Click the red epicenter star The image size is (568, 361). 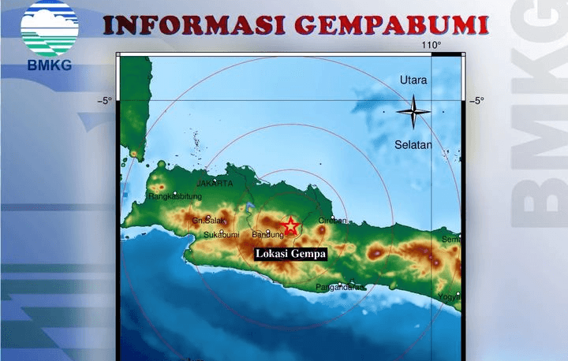290,226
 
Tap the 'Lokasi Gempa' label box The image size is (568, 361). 290,254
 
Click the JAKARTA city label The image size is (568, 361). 215,184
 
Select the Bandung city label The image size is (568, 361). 267,235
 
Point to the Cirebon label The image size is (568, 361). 332,221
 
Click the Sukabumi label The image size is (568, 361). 221,235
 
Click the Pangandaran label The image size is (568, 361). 340,287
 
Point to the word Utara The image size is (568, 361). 413,80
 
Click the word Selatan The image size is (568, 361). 413,145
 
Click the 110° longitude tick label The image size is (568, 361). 431,45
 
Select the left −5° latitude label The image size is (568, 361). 104,100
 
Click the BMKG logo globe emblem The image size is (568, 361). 49,28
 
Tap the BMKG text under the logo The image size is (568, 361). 49,65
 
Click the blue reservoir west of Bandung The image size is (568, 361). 248,207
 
